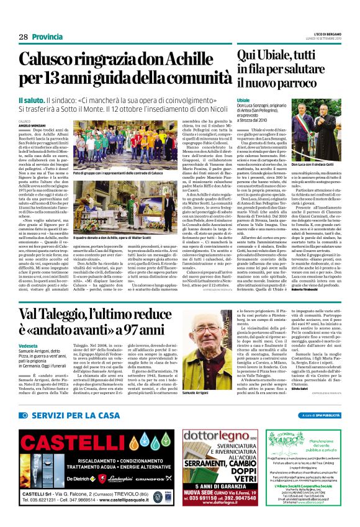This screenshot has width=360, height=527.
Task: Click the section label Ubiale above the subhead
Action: [243, 100]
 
